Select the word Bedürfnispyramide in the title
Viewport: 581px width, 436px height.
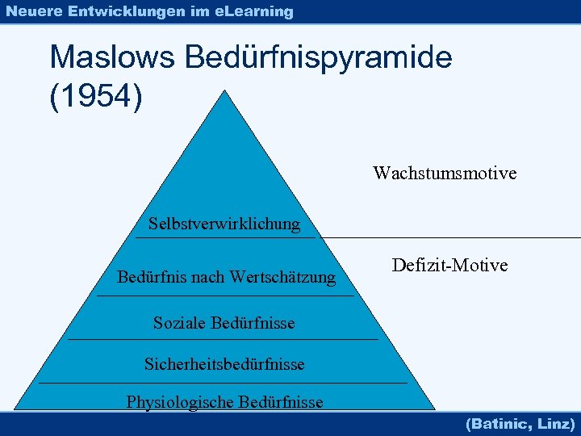click(x=319, y=58)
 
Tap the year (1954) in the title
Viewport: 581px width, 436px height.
click(x=96, y=96)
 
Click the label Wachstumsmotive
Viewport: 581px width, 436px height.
click(x=445, y=173)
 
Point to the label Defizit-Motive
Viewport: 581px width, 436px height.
click(x=449, y=265)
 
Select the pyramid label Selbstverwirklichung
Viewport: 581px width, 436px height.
click(x=224, y=224)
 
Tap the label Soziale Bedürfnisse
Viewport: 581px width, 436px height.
click(x=224, y=323)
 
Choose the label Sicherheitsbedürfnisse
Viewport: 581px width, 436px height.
click(x=224, y=364)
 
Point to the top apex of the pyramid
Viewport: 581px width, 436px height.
click(x=224, y=91)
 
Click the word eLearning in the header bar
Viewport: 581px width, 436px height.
click(x=254, y=11)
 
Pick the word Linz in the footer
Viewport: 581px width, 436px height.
click(x=557, y=423)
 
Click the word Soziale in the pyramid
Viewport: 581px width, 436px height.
click(x=180, y=323)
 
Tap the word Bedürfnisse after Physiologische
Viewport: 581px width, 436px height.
click(x=280, y=402)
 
